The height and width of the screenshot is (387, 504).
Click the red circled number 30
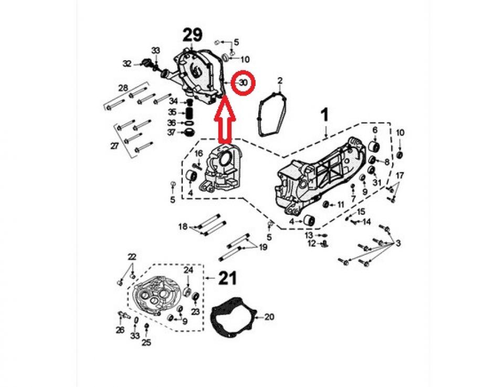coord(243,83)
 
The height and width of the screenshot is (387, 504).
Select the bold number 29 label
coord(192,35)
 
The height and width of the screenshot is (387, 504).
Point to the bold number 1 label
coord(325,114)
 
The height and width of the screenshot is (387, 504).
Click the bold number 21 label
coord(227,278)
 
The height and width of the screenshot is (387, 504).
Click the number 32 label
coord(127,64)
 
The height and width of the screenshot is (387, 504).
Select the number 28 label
coord(123,88)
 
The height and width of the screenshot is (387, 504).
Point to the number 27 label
coord(114,146)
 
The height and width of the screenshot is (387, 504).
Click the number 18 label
coord(183,227)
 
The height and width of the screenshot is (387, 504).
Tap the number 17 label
coord(400,175)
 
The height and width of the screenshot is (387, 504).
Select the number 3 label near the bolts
coord(398,244)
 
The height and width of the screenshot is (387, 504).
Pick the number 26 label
coord(120,330)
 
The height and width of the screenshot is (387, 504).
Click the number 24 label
coord(188,270)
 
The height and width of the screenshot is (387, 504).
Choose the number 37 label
coord(172,132)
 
